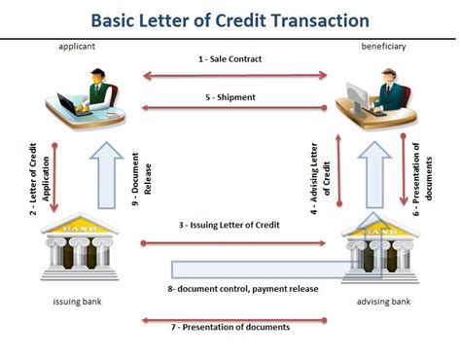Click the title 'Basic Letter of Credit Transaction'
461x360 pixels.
click(x=230, y=19)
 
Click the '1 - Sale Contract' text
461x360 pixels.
click(x=230, y=60)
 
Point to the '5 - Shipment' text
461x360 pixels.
click(x=230, y=96)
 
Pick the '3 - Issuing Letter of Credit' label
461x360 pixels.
click(x=230, y=225)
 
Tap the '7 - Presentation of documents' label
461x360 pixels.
click(x=230, y=327)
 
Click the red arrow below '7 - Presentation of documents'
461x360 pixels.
click(x=230, y=318)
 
